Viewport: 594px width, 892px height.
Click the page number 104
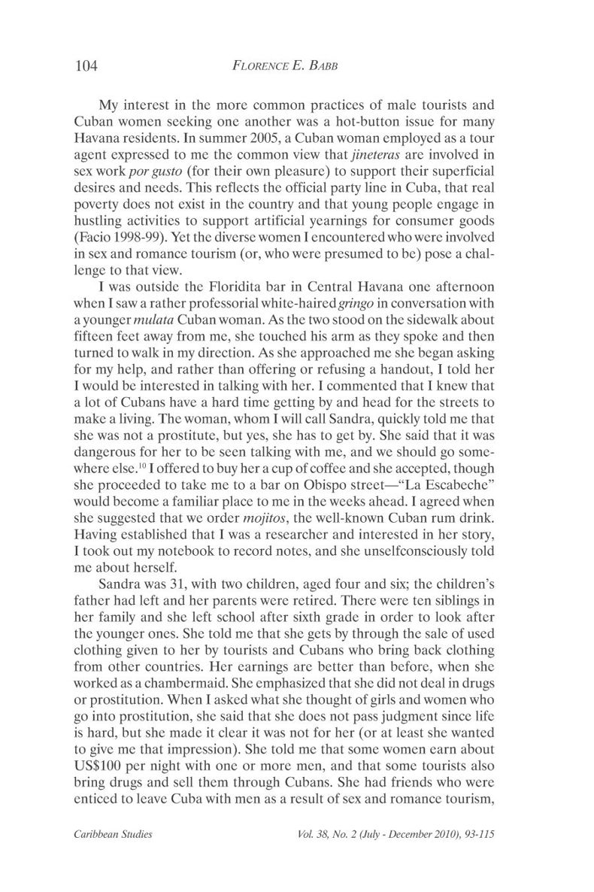point(87,65)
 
